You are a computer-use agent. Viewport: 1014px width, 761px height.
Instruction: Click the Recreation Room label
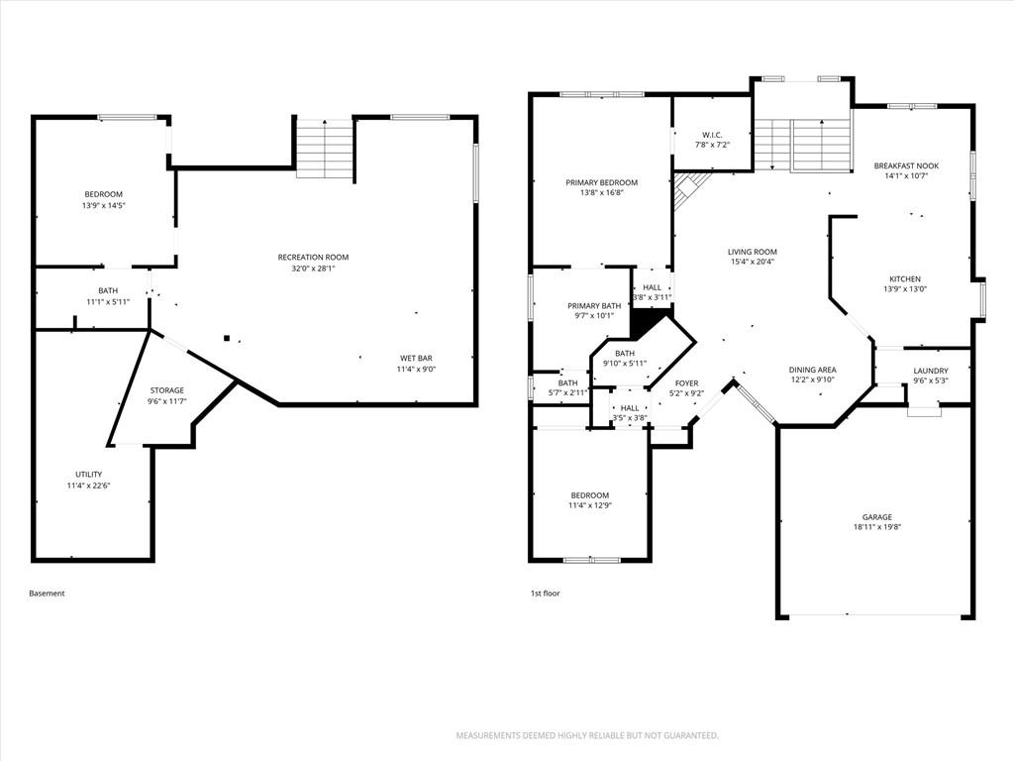(x=313, y=257)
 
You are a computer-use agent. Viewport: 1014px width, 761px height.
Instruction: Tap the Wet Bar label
(x=416, y=358)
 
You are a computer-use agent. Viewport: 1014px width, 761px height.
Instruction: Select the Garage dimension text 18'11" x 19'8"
(x=877, y=527)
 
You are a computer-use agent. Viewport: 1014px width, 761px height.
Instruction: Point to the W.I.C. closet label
(x=712, y=135)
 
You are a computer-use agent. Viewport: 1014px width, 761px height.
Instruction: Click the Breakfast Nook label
(x=906, y=165)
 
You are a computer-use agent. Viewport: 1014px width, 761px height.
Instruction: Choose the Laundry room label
(x=931, y=371)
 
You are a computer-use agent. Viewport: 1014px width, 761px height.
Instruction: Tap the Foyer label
(x=686, y=383)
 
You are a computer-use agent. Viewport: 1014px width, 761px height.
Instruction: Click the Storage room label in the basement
(x=166, y=390)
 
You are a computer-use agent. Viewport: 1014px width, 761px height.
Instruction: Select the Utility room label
(x=88, y=475)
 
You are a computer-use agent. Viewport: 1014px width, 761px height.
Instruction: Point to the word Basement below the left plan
(x=47, y=593)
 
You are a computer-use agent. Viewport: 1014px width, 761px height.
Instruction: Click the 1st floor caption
(x=546, y=593)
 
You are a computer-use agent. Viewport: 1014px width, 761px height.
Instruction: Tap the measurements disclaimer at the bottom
(x=587, y=736)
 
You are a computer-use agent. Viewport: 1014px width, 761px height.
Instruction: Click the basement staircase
(x=325, y=149)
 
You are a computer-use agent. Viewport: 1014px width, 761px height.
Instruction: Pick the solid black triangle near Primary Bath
(x=649, y=322)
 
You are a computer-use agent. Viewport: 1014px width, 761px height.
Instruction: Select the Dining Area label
(x=812, y=370)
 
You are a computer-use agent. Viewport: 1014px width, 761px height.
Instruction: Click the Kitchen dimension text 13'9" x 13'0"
(x=905, y=289)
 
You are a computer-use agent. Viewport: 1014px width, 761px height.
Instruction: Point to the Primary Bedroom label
(x=601, y=182)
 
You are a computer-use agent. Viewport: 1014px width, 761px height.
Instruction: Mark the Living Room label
(x=753, y=252)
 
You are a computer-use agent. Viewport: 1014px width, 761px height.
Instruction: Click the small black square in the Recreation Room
(x=227, y=337)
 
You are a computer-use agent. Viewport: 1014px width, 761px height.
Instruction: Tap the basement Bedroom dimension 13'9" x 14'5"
(x=103, y=205)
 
